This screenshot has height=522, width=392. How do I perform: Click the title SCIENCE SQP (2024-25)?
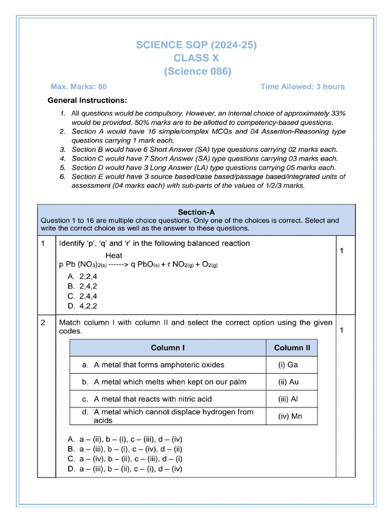(x=196, y=45)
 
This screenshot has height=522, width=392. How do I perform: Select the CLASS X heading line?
(x=196, y=58)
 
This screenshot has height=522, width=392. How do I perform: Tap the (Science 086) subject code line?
(x=197, y=71)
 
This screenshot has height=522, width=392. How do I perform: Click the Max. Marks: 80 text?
(x=79, y=87)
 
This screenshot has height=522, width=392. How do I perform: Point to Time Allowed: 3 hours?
(x=302, y=87)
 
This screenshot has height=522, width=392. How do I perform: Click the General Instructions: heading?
(x=87, y=100)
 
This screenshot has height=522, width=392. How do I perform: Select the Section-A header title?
(x=196, y=212)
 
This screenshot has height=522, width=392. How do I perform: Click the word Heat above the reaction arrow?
(x=114, y=255)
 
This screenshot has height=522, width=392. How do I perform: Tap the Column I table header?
(x=167, y=348)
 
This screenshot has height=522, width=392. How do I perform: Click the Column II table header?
(x=291, y=348)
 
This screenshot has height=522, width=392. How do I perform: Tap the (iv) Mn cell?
(x=290, y=416)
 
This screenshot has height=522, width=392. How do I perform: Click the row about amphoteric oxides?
(x=153, y=365)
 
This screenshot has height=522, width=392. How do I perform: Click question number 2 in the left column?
(x=43, y=323)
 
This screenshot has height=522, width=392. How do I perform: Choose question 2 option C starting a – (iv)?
(x=125, y=459)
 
